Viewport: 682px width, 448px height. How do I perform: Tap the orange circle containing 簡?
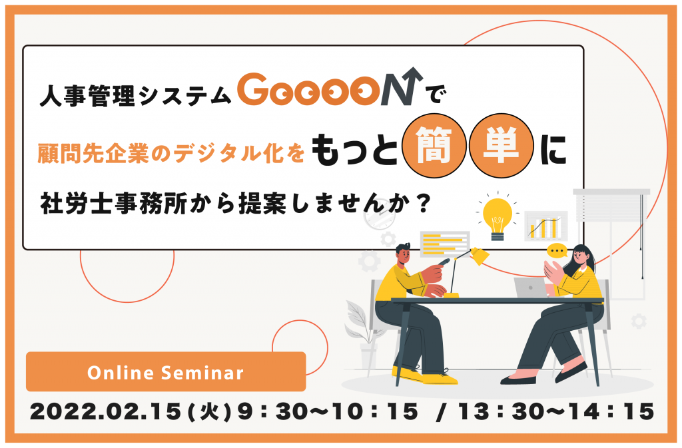click(434, 146)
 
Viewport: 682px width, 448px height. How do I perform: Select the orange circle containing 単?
click(501, 146)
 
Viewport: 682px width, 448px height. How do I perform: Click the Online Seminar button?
click(166, 371)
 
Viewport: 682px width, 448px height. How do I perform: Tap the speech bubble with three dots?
click(557, 251)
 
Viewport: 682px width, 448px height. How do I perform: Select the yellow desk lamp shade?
click(478, 256)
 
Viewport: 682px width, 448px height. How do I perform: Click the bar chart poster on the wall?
click(546, 226)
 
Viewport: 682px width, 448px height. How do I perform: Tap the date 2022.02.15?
click(105, 411)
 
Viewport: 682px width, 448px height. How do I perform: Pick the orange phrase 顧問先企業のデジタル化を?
click(171, 153)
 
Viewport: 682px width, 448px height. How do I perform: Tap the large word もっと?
click(354, 149)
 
